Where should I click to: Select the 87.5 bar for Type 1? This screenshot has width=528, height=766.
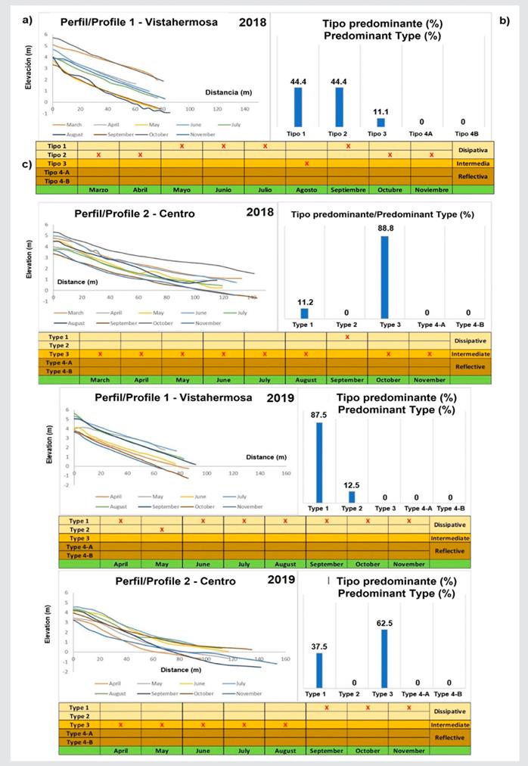click(320, 462)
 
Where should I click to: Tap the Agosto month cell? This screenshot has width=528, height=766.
click(306, 189)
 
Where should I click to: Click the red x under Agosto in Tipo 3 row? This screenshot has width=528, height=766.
click(306, 163)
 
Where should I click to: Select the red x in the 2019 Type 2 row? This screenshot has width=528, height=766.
click(162, 529)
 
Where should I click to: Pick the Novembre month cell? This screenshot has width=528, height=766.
click(431, 189)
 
